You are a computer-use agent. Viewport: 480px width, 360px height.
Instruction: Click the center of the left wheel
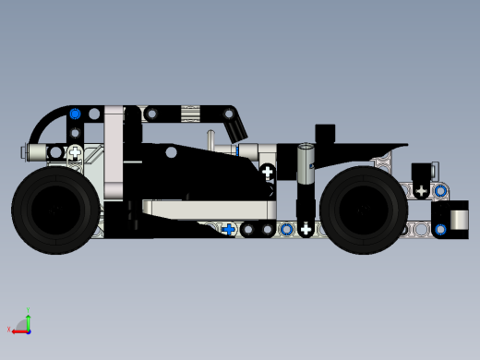55,210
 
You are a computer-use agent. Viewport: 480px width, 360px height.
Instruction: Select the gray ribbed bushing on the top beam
190,114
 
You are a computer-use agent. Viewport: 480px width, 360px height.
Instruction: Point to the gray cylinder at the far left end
35,151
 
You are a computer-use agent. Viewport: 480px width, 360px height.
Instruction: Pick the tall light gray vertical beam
114,152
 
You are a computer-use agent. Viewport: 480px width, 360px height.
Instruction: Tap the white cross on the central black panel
268,172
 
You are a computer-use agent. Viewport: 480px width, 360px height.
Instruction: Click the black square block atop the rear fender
326,133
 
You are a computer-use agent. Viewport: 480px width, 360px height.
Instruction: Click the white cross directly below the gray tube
306,229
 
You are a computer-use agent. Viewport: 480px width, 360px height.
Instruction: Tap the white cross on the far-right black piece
422,191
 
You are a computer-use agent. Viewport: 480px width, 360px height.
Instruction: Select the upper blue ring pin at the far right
440,191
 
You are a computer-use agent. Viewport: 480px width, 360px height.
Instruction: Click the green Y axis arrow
28,318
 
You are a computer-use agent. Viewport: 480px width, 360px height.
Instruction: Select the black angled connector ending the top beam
234,119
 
